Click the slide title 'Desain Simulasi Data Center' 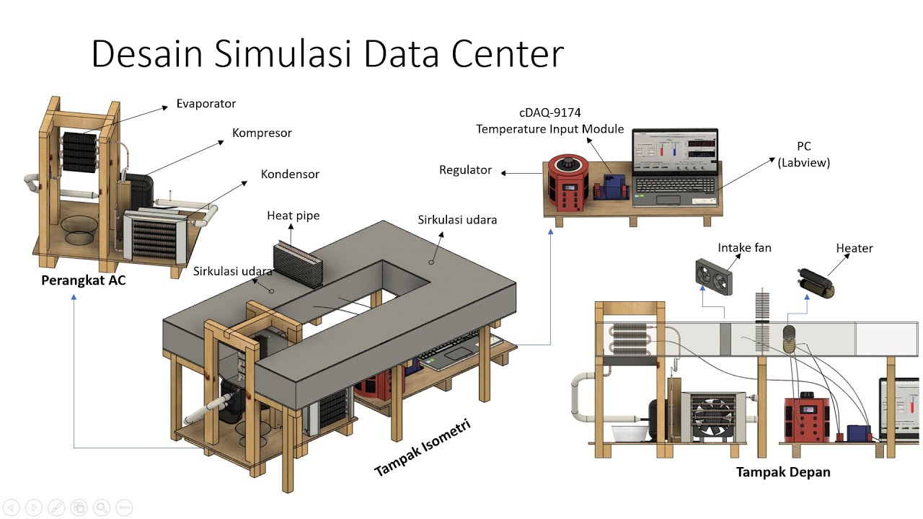tap(327, 54)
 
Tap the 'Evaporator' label tap(206, 104)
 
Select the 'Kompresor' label tap(262, 133)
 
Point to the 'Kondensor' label tap(290, 174)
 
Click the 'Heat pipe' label tap(293, 216)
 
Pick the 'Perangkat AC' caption tap(83, 280)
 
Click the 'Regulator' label tap(465, 170)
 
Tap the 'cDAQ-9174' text tap(550, 112)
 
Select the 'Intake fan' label tap(744, 248)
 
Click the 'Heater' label tap(854, 249)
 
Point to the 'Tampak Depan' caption tap(783, 472)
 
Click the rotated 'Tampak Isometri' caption tap(423, 448)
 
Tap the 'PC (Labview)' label tap(803, 154)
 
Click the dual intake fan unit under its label tap(714, 277)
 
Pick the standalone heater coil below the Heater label tap(816, 283)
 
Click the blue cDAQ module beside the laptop tap(614, 187)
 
